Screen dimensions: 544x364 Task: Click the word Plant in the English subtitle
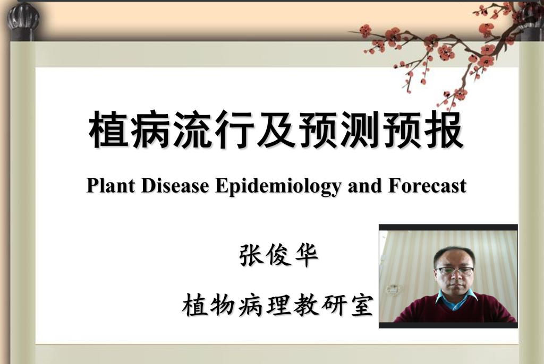click(110, 186)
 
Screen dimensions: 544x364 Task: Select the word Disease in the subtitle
click(175, 186)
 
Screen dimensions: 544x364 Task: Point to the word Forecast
click(428, 186)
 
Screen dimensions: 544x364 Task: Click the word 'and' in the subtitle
click(365, 186)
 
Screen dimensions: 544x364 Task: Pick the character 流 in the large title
click(192, 129)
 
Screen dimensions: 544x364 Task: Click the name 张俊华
click(278, 255)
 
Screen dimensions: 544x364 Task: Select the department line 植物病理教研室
click(277, 305)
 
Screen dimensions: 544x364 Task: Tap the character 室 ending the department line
click(361, 305)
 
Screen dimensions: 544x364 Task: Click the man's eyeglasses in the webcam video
click(455, 271)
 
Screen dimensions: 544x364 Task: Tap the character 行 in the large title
click(234, 129)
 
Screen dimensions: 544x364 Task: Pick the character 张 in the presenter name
click(251, 255)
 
